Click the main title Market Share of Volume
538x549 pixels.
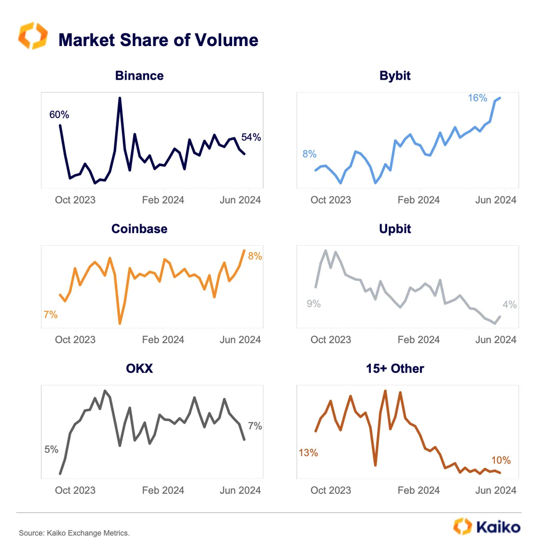[158, 40]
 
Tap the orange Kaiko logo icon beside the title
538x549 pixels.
[33, 36]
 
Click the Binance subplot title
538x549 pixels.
[139, 76]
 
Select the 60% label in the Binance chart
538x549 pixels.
[59, 115]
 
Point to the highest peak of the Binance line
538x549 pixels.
[120, 98]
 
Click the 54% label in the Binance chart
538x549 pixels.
[251, 138]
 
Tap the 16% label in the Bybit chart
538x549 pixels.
[477, 98]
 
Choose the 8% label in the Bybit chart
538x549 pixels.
[309, 154]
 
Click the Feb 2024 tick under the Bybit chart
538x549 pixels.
[418, 200]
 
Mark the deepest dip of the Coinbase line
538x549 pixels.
[120, 323]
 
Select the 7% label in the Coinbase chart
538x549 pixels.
[50, 315]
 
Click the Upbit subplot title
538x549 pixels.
[395, 229]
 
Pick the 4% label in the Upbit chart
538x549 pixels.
[509, 305]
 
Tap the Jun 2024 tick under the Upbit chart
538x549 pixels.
[495, 340]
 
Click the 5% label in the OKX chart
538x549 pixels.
[51, 450]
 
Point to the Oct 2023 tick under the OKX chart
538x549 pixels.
[75, 490]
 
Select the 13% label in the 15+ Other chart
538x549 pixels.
[308, 453]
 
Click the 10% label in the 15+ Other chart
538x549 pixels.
[501, 461]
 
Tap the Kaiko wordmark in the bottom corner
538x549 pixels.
[498, 527]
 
